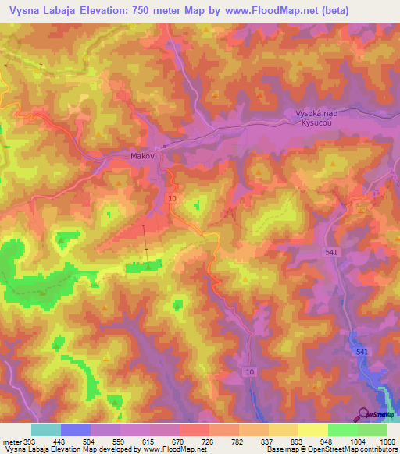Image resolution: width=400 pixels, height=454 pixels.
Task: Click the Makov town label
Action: pos(142,156)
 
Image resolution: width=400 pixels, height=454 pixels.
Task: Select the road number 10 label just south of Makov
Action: pos(171,199)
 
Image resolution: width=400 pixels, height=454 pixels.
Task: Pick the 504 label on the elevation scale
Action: pos(89,441)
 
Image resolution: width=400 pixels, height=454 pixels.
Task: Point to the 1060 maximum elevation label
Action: pos(386,441)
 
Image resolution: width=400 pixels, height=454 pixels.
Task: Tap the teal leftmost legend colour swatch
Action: pos(46,430)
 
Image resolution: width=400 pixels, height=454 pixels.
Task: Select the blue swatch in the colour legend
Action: pos(76,430)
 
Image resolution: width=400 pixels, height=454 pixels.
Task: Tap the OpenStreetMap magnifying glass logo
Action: pos(363,413)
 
